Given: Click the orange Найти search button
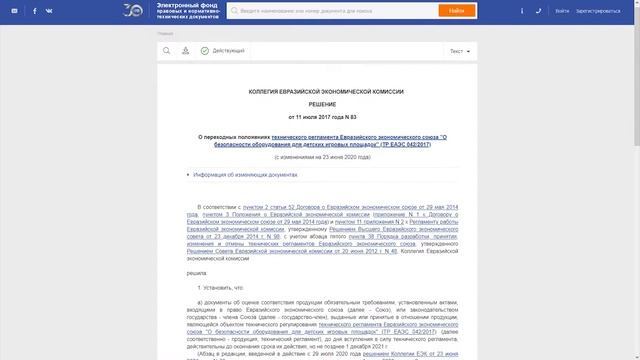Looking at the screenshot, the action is [x=456, y=11].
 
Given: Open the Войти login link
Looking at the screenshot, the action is [x=562, y=11].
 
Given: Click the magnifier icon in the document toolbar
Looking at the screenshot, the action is [x=166, y=50].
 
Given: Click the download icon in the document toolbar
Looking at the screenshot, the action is [x=185, y=50].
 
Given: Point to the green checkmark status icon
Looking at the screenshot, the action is [x=204, y=50].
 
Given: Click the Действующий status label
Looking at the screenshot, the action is [x=228, y=50].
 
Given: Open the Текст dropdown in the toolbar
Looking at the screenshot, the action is [x=459, y=50].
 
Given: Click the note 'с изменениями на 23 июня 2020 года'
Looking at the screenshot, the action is [x=322, y=158].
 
